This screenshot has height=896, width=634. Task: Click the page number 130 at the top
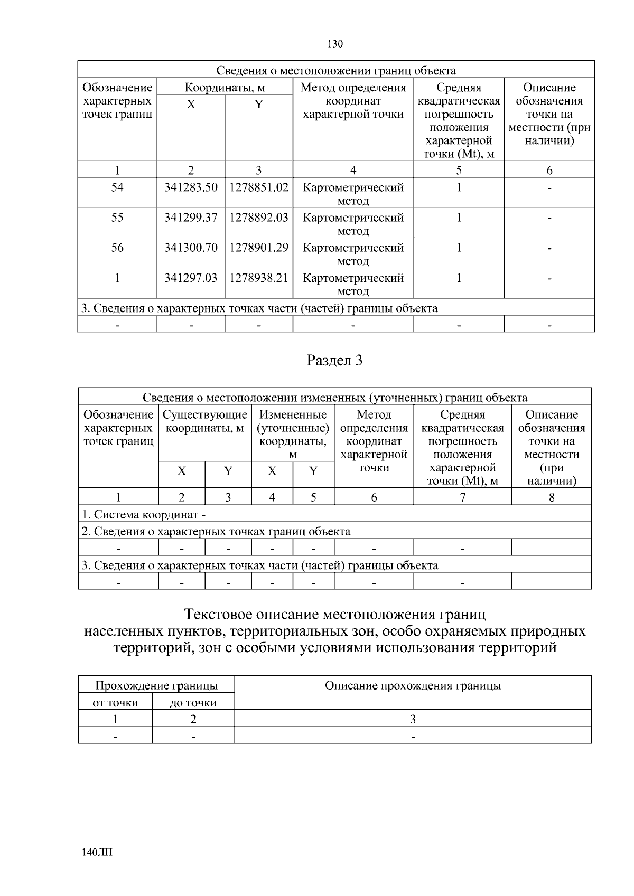click(335, 44)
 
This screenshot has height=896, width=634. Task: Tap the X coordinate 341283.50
click(191, 187)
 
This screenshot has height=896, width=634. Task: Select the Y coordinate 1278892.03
click(259, 218)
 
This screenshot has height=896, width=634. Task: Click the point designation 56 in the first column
click(117, 248)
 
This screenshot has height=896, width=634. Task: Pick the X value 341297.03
click(191, 278)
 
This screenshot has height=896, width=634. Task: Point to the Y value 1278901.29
click(259, 248)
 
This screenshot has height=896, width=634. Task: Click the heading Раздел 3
click(335, 361)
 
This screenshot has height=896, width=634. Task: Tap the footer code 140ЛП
click(98, 852)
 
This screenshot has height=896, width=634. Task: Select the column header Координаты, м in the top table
click(225, 88)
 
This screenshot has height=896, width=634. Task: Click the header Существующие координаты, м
click(205, 421)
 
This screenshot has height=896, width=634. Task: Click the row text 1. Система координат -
click(143, 514)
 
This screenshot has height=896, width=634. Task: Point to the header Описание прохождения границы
click(413, 686)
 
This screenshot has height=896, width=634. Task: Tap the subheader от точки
click(115, 703)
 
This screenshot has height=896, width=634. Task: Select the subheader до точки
click(193, 703)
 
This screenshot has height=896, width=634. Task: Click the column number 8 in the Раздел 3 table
click(552, 497)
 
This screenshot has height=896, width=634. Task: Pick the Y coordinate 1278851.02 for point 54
click(259, 187)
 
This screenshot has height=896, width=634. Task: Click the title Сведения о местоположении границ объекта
click(336, 71)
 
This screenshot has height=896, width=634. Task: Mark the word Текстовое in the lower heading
click(218, 615)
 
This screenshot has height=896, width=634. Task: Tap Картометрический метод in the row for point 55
click(353, 224)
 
